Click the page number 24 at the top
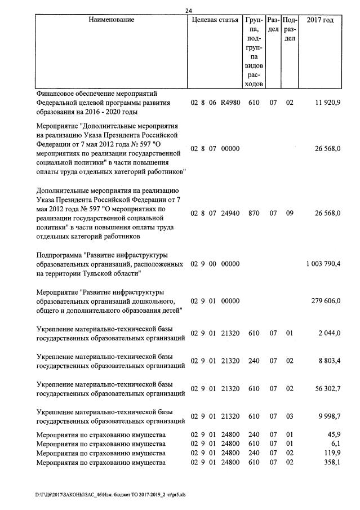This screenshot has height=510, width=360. pos(188,10)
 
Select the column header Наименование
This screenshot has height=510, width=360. pos(112,20)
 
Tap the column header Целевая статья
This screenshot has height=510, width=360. pos(215,20)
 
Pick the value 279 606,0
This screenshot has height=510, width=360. pos(325,301)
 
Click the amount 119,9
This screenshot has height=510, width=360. pos(331,453)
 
